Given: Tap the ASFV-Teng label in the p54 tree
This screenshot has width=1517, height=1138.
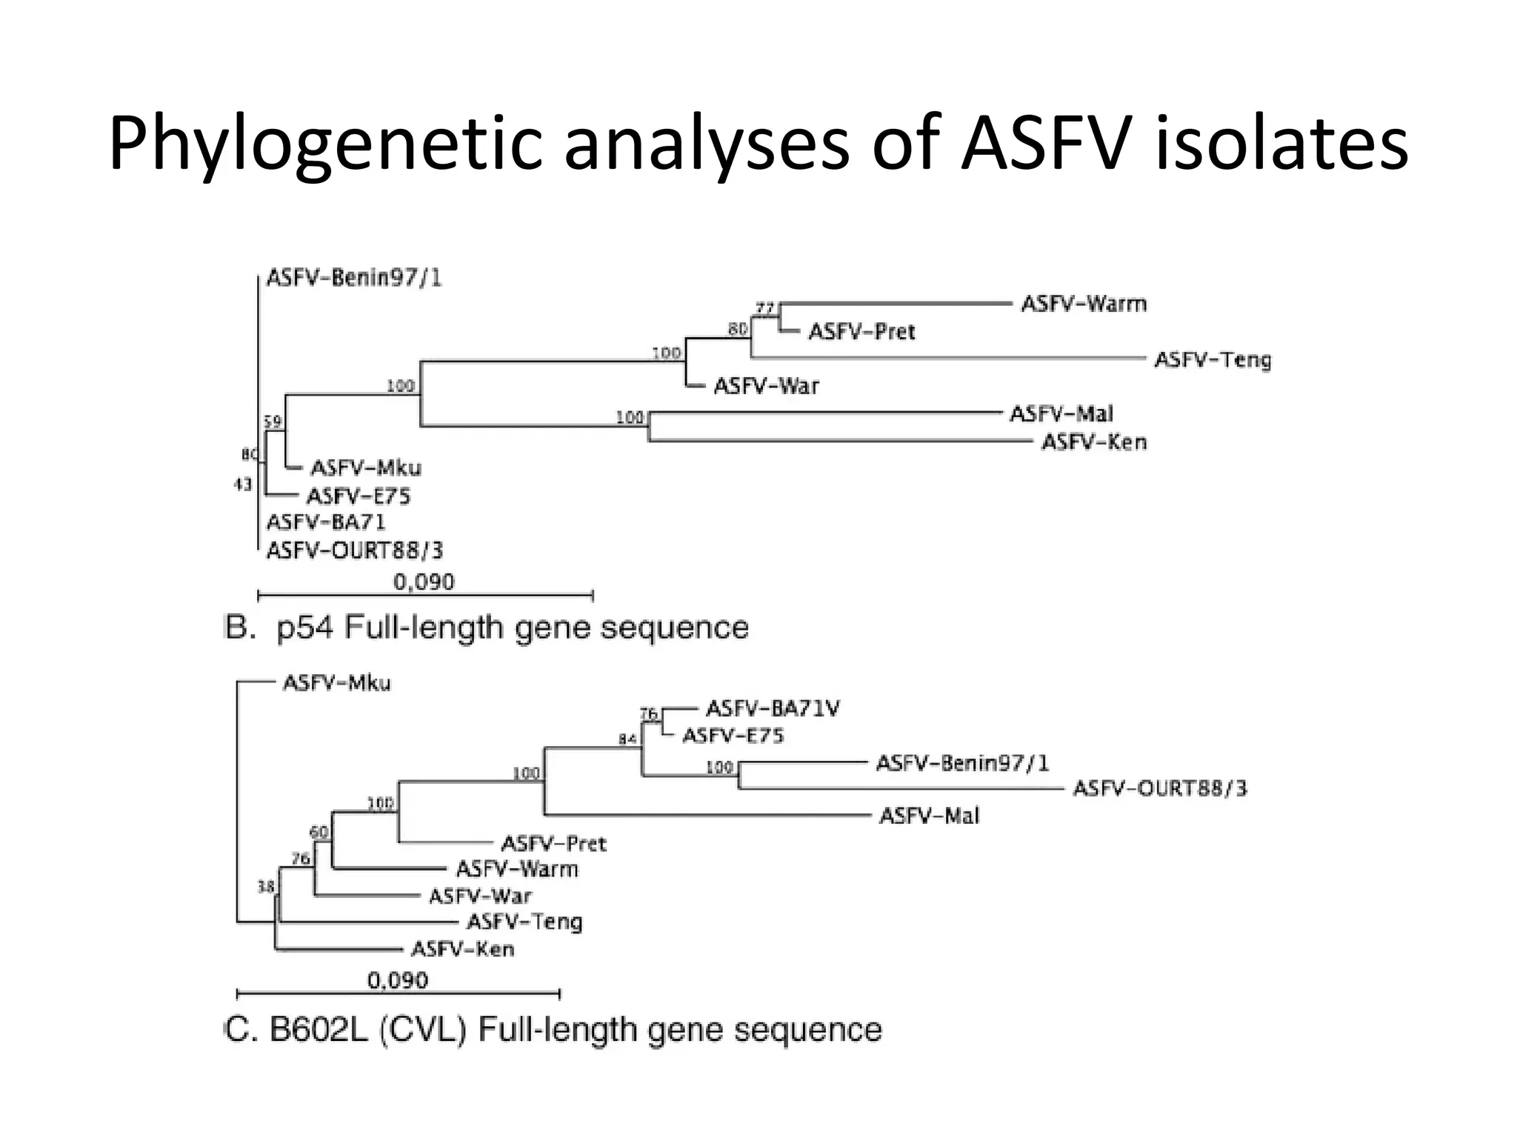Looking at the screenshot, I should pyautogui.click(x=1213, y=360).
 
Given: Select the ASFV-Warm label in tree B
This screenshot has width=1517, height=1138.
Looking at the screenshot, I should pyautogui.click(x=1084, y=304).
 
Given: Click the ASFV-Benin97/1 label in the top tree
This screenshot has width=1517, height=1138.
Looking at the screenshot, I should pyautogui.click(x=353, y=278).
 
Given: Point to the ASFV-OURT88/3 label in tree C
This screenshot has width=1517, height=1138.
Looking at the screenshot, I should pyautogui.click(x=1160, y=788).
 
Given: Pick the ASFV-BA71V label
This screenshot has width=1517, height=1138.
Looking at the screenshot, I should pyautogui.click(x=773, y=709).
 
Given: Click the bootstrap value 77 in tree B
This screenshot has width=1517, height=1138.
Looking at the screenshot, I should pyautogui.click(x=764, y=307).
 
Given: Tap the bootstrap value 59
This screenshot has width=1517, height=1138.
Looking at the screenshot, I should pyautogui.click(x=273, y=422).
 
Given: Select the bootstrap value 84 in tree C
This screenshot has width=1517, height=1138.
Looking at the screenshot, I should pyautogui.click(x=627, y=739).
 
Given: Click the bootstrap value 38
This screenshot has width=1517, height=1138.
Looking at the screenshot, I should pyautogui.click(x=265, y=886).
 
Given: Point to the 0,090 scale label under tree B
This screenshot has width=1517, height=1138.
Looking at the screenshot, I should pyautogui.click(x=424, y=582).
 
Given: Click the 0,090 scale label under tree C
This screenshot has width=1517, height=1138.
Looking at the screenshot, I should pyautogui.click(x=398, y=981).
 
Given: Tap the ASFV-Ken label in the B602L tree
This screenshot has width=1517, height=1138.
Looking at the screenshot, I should pyautogui.click(x=462, y=949).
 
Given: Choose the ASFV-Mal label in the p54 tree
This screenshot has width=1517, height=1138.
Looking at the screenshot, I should pyautogui.click(x=1061, y=414).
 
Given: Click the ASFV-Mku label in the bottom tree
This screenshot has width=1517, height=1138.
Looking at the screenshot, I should pyautogui.click(x=336, y=683).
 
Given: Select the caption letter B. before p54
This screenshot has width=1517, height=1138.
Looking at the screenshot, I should pyautogui.click(x=240, y=628).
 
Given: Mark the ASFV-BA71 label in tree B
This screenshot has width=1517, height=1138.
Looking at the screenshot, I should pyautogui.click(x=326, y=522).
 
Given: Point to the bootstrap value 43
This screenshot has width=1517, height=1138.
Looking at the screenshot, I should pyautogui.click(x=243, y=485).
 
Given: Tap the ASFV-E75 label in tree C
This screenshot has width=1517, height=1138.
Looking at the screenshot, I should pyautogui.click(x=733, y=736).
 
